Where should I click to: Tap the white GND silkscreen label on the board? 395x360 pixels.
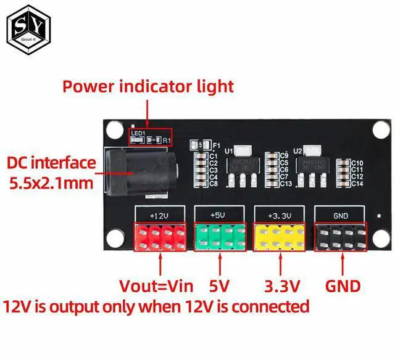click(340, 215)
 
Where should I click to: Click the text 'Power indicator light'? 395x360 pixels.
click(148, 85)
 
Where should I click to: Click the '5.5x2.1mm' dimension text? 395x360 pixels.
click(51, 183)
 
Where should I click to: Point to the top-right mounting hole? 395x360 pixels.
click(381, 129)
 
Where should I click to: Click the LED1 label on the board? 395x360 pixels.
click(137, 133)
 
